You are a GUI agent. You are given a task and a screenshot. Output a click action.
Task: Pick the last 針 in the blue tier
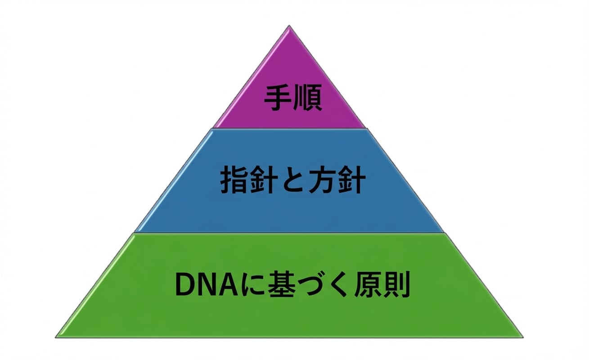tap(351, 180)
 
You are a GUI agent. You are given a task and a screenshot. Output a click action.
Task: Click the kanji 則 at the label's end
tap(396, 284)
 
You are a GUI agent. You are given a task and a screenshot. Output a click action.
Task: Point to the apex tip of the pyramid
tap(289, 26)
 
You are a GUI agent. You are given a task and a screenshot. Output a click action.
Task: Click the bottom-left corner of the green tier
tap(55, 337)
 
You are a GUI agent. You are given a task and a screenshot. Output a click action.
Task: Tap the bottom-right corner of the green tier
tap(523, 337)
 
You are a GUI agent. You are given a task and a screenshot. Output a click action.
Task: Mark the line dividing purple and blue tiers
tap(289, 128)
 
